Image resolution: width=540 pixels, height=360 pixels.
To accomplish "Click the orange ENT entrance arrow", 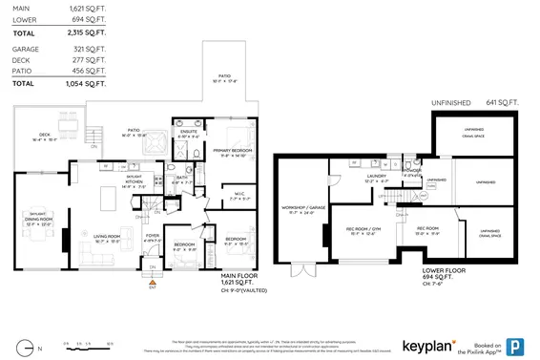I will coord(152,282).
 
